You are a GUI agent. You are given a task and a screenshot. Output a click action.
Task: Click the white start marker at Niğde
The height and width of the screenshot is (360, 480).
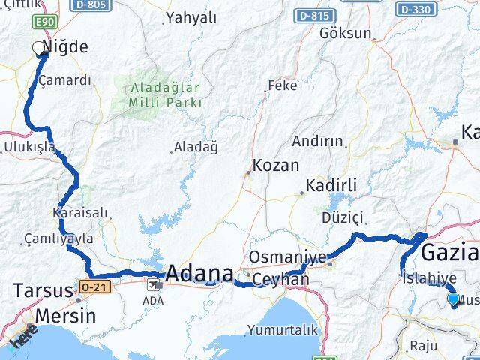[x=38, y=49]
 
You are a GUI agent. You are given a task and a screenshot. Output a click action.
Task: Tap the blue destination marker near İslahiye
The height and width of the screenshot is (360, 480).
[x=453, y=299]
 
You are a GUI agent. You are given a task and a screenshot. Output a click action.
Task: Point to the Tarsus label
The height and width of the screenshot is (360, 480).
[x=40, y=289]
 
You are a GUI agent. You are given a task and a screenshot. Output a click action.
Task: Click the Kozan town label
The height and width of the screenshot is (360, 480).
[x=276, y=166]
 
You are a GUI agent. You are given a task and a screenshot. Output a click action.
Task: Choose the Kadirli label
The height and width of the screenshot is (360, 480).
[x=331, y=185]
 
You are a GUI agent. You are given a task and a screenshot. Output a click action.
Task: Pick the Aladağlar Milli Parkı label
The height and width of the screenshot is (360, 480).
[x=164, y=92]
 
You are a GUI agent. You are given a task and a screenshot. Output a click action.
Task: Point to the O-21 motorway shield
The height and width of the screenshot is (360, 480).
[x=88, y=286]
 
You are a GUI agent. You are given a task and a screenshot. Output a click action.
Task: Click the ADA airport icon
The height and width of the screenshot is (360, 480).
[x=156, y=284]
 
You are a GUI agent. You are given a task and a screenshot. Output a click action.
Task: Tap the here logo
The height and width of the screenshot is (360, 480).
[x=23, y=343]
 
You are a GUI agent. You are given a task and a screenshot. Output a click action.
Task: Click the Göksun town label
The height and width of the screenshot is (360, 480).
[x=345, y=33]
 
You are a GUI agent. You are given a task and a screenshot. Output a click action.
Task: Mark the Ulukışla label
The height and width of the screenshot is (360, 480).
[x=30, y=147]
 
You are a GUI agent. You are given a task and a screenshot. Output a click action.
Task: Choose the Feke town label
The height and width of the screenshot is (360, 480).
[x=282, y=85]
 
